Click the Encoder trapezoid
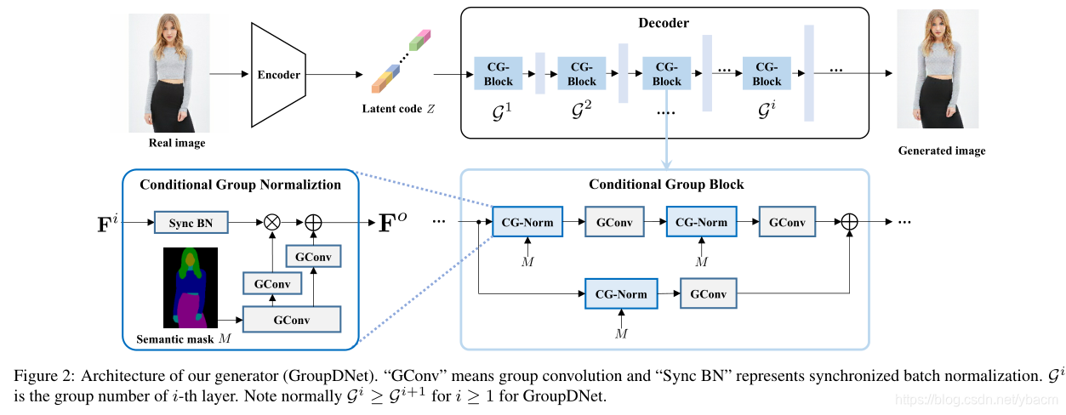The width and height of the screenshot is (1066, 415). point(278,75)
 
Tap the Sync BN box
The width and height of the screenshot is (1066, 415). point(191,222)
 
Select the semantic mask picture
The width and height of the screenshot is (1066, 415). point(191,287)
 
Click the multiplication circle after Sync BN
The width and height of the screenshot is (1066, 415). point(272,222)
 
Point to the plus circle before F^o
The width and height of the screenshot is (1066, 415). point(313,222)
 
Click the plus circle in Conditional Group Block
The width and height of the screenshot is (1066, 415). point(849,222)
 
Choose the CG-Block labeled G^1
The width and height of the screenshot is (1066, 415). point(499,74)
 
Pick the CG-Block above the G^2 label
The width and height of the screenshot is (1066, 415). point(582,74)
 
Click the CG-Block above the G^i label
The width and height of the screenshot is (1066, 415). point(767,74)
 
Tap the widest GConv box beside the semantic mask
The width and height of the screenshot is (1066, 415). point(292,320)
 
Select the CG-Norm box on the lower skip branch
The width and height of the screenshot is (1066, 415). point(621,294)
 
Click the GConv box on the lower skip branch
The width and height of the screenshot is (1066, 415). point(709,293)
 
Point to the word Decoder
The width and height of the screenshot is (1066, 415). point(664,23)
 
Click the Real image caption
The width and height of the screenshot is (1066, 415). point(177,143)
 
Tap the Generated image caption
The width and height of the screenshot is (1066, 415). point(942,151)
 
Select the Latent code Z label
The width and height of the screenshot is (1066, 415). point(398,109)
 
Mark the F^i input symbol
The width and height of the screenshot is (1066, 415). point(107,223)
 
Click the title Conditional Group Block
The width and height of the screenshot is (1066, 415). point(666,185)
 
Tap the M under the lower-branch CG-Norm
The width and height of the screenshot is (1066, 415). point(621,333)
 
